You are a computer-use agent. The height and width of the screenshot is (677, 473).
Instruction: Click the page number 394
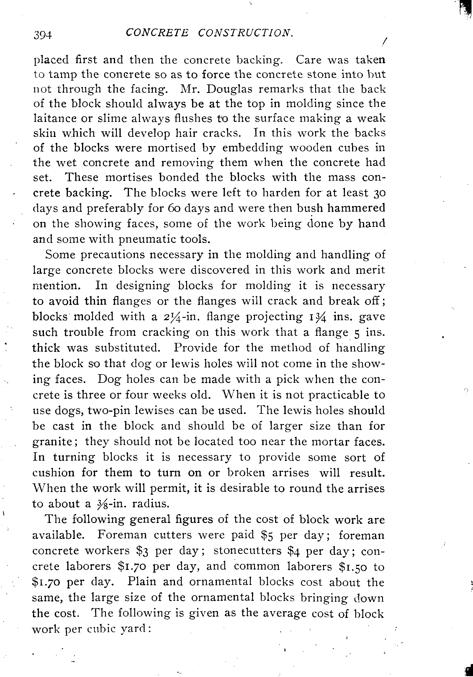(x=42, y=35)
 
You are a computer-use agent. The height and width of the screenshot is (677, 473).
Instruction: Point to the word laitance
(x=58, y=118)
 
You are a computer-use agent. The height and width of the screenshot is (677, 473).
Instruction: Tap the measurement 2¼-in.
(x=172, y=317)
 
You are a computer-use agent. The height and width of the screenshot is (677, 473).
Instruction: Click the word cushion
(x=54, y=473)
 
